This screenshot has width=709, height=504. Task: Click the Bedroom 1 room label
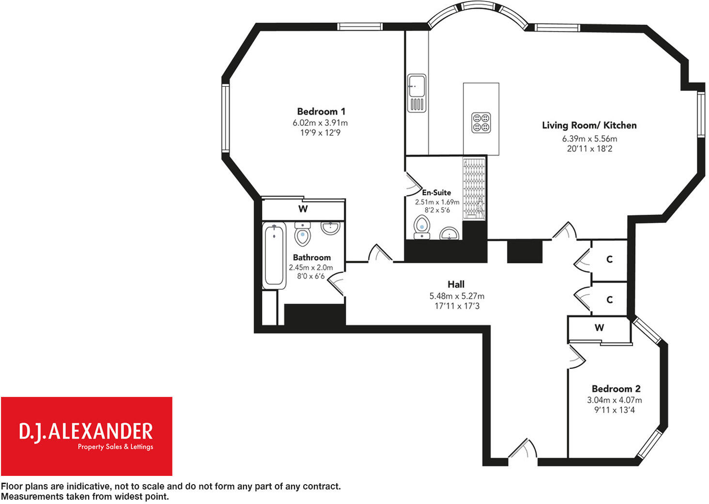point(321,111)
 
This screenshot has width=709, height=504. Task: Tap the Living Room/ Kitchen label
point(589,126)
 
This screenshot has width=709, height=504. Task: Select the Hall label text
point(456,284)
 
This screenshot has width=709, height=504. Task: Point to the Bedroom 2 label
point(616,389)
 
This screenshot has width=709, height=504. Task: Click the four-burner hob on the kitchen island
point(481,122)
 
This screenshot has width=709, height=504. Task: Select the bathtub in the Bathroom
point(274,257)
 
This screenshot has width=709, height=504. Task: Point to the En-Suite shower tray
point(474,189)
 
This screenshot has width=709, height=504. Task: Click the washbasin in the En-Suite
point(450,234)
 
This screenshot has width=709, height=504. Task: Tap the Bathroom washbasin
point(331,228)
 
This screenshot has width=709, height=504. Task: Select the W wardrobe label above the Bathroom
point(303,209)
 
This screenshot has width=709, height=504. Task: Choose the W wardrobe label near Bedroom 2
point(599,328)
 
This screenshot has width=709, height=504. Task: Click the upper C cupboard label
point(609,259)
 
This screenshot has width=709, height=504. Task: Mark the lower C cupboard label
point(609,300)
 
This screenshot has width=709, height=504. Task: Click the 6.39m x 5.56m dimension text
point(589,139)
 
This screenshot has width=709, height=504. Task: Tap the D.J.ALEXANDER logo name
point(86,431)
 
